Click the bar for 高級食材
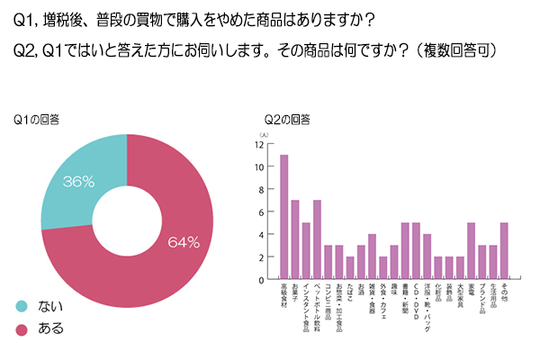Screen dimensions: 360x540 (x=284, y=217)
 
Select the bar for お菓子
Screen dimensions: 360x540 (x=295, y=239)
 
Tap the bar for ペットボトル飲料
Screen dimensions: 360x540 (x=317, y=239)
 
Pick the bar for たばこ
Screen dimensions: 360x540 (x=350, y=268)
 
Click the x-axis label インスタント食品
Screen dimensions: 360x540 (x=306, y=311)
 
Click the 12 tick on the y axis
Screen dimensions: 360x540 (x=260, y=144)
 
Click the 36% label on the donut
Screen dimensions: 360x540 (x=78, y=181)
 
